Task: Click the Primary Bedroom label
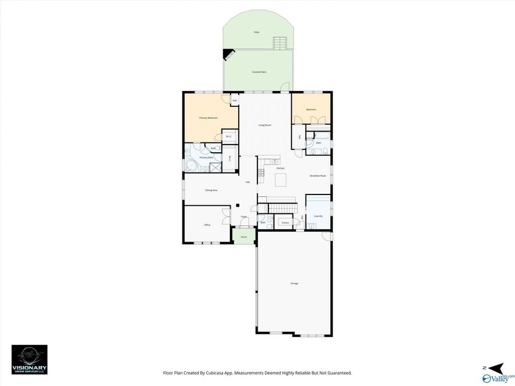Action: [208, 118]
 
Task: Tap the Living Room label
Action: [264, 125]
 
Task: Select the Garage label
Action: [294, 283]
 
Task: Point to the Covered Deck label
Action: [259, 72]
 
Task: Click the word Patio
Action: [256, 32]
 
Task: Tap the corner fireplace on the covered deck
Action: [228, 55]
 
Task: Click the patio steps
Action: [280, 43]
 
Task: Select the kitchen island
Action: [281, 181]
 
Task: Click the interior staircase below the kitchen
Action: [283, 207]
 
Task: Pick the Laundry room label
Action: [318, 216]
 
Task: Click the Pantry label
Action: [285, 222]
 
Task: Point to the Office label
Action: [207, 225]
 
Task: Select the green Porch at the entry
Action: [244, 237]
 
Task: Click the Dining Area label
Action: [211, 190]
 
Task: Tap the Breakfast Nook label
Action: [318, 176]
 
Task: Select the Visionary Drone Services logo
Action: [29, 360]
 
